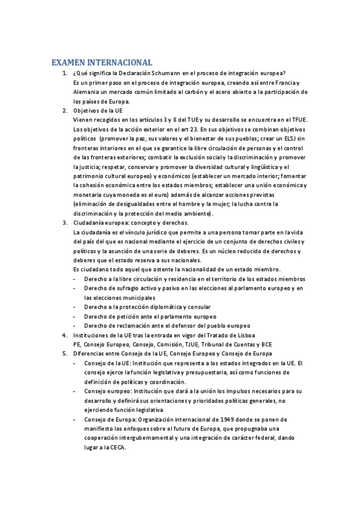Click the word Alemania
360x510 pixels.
(x=87, y=92)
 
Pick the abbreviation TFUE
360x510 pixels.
(x=297, y=120)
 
